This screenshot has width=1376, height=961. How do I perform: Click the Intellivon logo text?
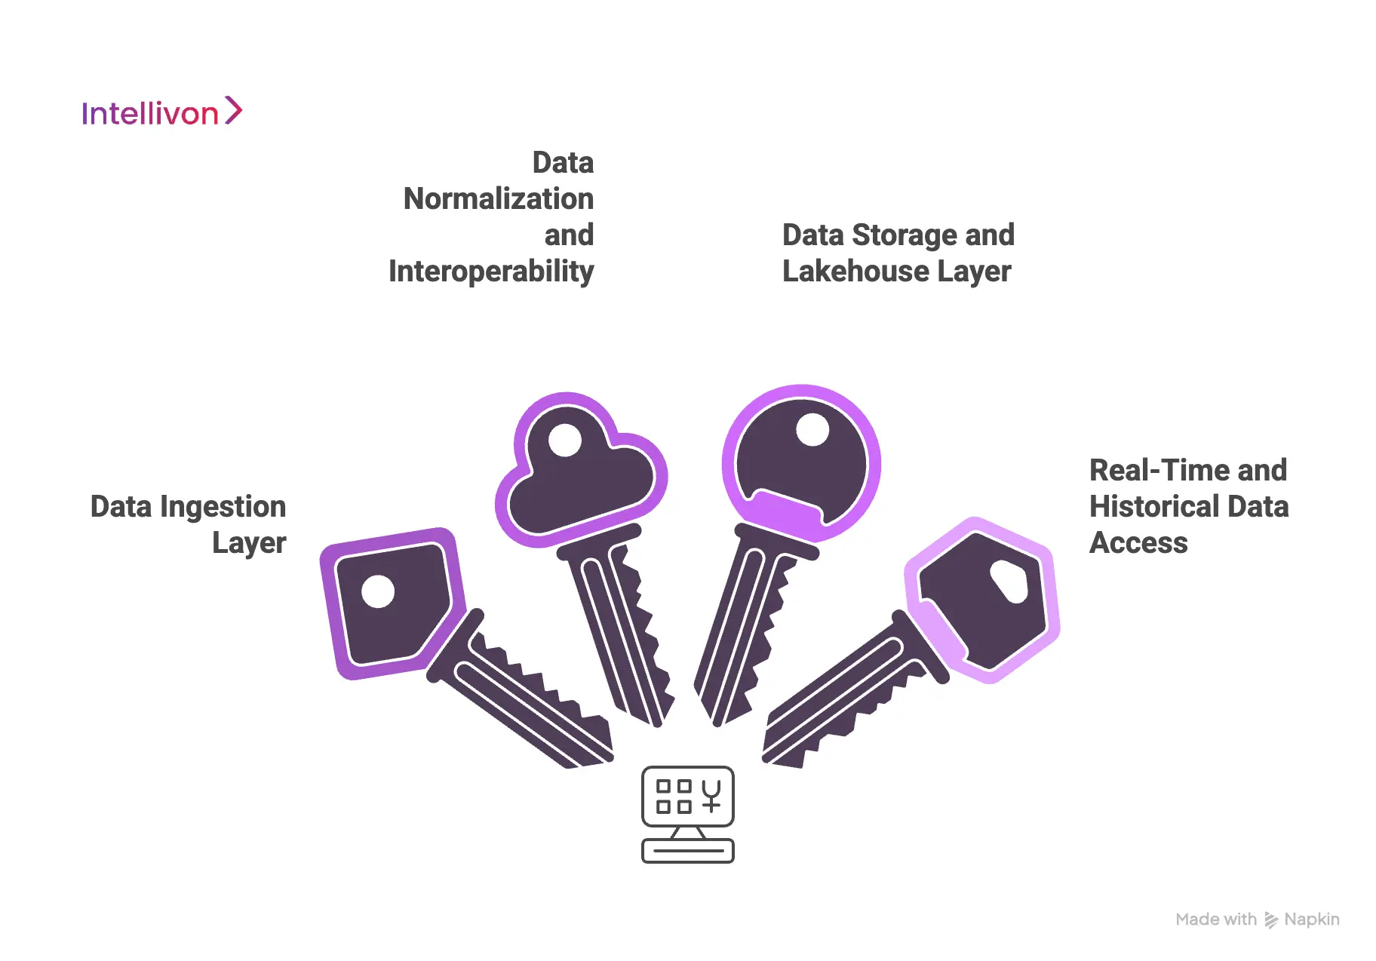[x=149, y=114]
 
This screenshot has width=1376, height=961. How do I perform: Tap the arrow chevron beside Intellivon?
[x=234, y=110]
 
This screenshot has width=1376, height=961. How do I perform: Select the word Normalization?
[x=498, y=199]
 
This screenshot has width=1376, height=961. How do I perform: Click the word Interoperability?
[x=491, y=272]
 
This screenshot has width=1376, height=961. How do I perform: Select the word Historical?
[x=1154, y=507]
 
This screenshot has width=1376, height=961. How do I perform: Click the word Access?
[x=1138, y=543]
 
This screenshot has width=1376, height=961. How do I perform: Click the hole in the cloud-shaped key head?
[x=565, y=440]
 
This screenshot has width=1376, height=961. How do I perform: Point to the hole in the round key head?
[x=812, y=430]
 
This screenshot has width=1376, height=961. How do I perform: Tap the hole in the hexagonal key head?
[x=1009, y=582]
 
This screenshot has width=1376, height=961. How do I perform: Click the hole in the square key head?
[x=378, y=591]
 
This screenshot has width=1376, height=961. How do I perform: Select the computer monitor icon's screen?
[x=687, y=797]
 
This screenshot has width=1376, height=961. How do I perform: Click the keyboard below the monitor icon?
[x=687, y=851]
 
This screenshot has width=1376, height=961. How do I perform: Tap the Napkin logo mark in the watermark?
[x=1271, y=920]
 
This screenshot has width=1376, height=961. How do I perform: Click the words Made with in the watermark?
[x=1215, y=920]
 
